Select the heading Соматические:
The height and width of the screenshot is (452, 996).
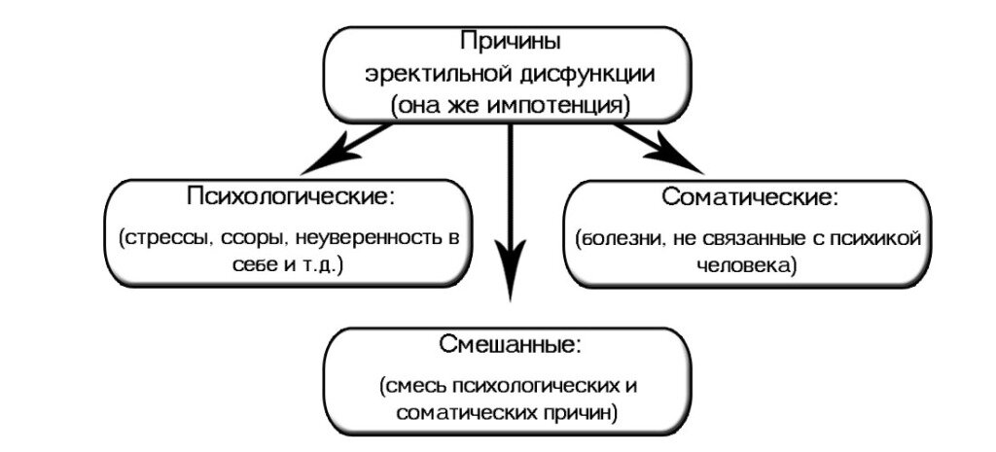tap(749, 197)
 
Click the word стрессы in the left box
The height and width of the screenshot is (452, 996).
tap(166, 237)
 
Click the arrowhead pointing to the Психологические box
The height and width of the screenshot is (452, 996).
tap(326, 159)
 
